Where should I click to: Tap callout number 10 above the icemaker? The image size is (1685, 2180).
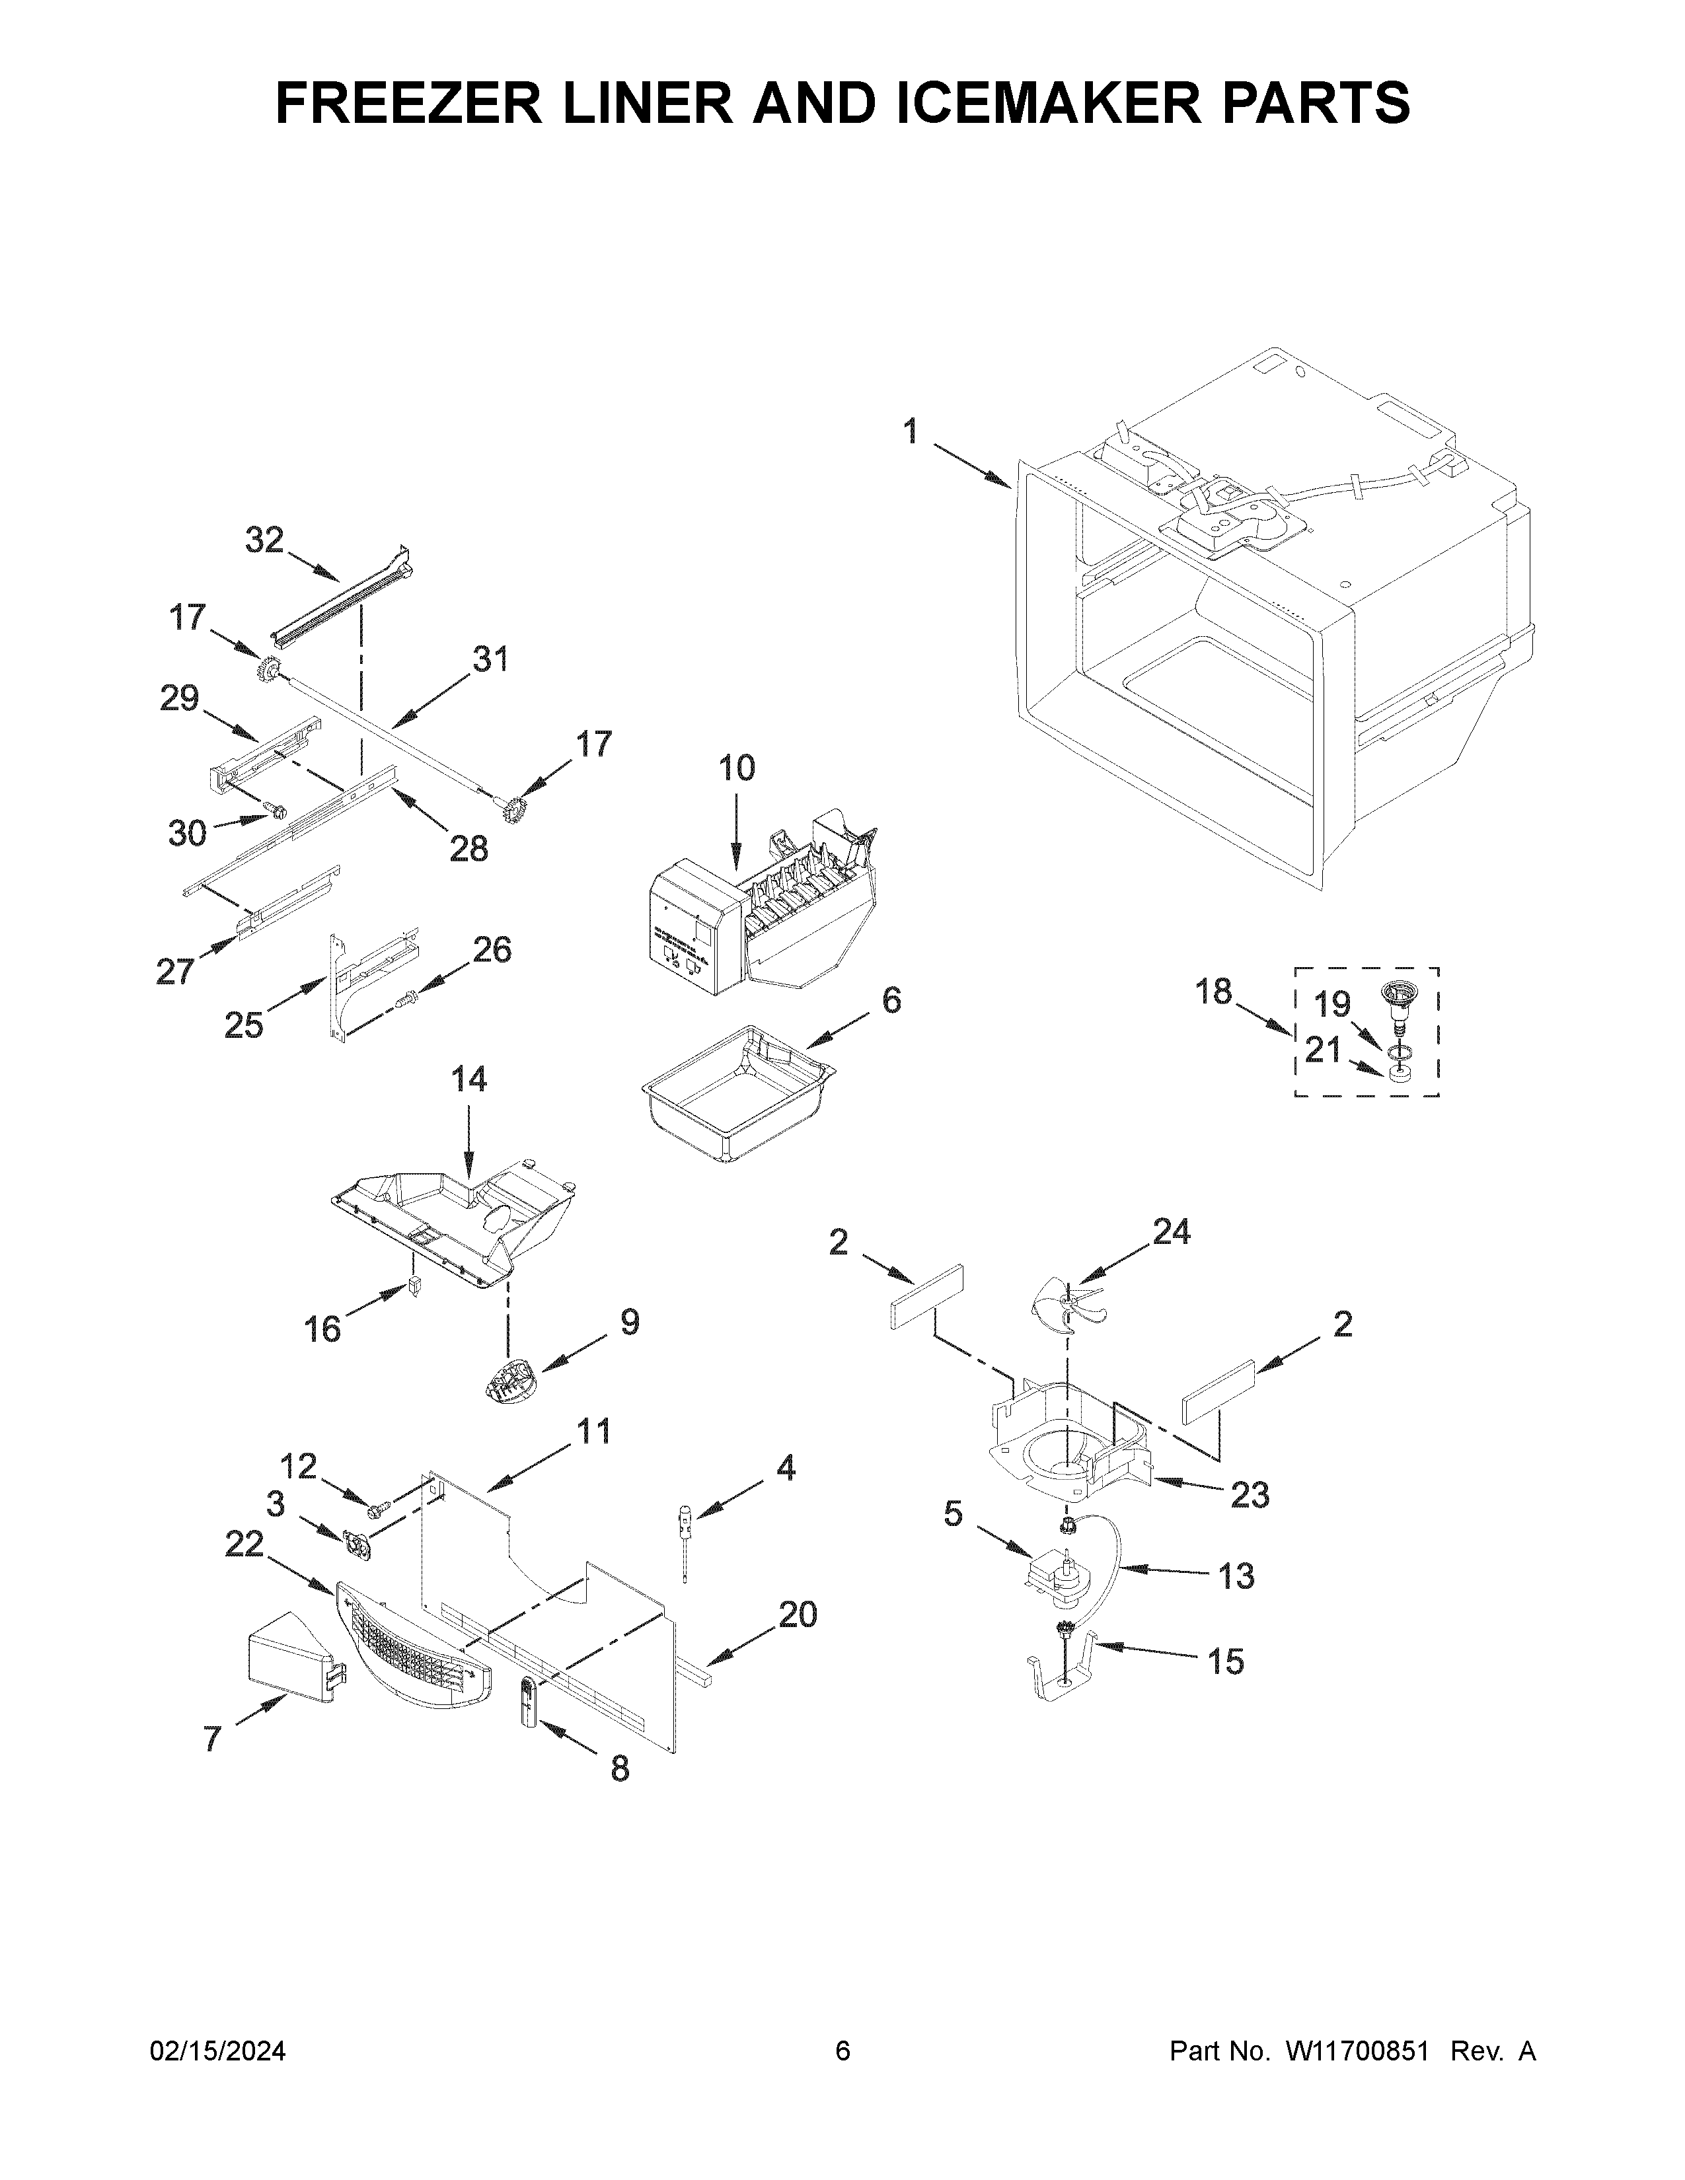click(x=737, y=768)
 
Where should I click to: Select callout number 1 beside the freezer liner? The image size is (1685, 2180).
click(x=911, y=432)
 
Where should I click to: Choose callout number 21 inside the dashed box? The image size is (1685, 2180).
click(x=1323, y=1050)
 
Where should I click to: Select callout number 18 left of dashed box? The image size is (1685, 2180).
click(x=1214, y=992)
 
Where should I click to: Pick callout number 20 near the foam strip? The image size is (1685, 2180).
click(x=797, y=1614)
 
